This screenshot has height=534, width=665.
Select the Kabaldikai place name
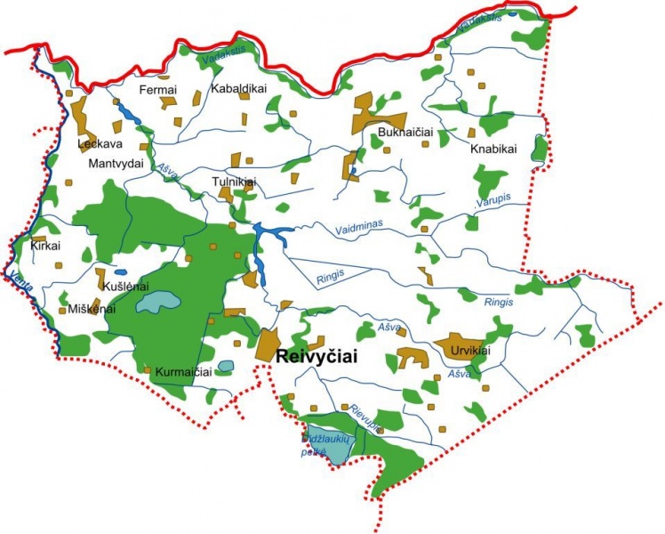click(x=240, y=89)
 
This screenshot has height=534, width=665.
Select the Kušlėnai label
click(x=126, y=287)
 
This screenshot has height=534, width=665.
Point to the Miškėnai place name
click(x=92, y=309)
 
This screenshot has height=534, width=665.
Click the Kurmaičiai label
click(x=182, y=371)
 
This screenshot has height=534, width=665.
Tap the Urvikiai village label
click(x=470, y=349)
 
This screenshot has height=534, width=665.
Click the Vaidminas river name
click(x=359, y=228)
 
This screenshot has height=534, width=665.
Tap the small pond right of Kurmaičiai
click(x=226, y=366)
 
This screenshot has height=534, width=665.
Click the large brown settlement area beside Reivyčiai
click(x=268, y=344)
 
